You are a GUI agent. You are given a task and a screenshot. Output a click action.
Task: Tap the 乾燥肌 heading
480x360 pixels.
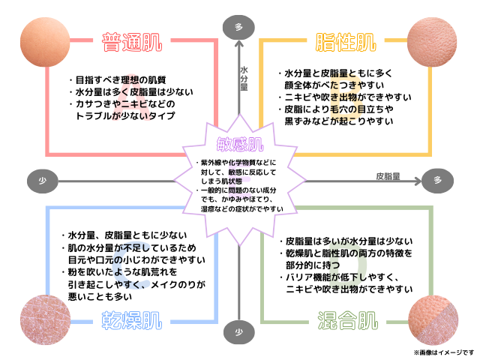tap(131, 320)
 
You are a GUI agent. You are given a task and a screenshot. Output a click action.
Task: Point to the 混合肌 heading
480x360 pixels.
tap(346, 320)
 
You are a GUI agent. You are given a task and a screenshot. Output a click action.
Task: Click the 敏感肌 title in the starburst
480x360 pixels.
tap(240, 143)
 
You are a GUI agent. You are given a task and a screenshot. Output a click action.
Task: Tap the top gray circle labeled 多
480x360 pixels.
tap(239, 27)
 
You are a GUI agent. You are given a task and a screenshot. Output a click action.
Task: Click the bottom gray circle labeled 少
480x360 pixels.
tap(239, 331)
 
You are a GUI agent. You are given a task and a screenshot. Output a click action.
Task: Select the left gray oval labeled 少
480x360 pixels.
tap(42, 180)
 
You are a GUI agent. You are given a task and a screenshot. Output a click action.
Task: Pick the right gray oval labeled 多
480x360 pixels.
tap(437, 180)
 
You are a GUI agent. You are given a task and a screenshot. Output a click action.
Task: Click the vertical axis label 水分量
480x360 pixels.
tap(244, 78)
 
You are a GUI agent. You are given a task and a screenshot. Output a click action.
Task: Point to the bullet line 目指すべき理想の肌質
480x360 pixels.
tap(120, 79)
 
